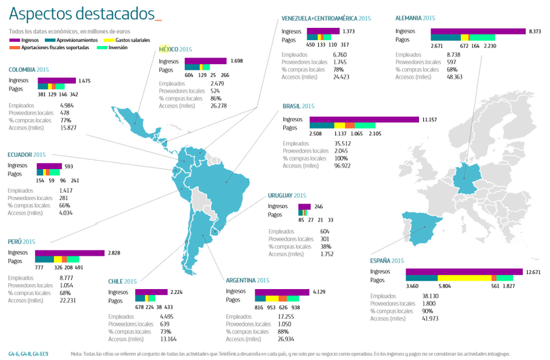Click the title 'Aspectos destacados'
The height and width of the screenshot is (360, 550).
click(x=82, y=14)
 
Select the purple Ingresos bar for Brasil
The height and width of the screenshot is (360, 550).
click(x=364, y=119)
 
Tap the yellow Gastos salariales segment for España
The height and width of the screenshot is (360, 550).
click(x=464, y=278)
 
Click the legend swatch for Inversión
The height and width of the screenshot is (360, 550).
click(x=102, y=48)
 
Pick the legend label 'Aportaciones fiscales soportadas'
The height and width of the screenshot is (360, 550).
click(x=55, y=48)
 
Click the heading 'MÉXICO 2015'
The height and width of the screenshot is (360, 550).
click(x=175, y=50)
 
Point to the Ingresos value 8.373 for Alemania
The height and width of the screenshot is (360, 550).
click(x=535, y=32)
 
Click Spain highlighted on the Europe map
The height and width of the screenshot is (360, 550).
click(x=421, y=228)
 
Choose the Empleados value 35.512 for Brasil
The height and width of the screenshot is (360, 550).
click(x=343, y=144)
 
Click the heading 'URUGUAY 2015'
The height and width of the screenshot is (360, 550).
click(x=287, y=196)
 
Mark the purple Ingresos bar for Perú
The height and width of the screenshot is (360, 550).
click(x=70, y=253)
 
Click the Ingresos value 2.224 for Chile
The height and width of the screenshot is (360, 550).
click(x=176, y=292)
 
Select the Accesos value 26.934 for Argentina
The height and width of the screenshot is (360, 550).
click(x=286, y=339)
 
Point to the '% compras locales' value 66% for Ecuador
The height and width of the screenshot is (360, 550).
click(x=64, y=205)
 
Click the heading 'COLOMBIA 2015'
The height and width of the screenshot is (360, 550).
click(x=29, y=70)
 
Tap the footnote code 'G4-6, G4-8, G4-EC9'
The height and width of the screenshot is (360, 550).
click(x=29, y=354)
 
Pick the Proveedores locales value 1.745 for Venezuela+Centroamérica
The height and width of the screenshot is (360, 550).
click(x=340, y=62)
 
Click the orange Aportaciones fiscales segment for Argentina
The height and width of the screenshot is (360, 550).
click(x=283, y=299)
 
